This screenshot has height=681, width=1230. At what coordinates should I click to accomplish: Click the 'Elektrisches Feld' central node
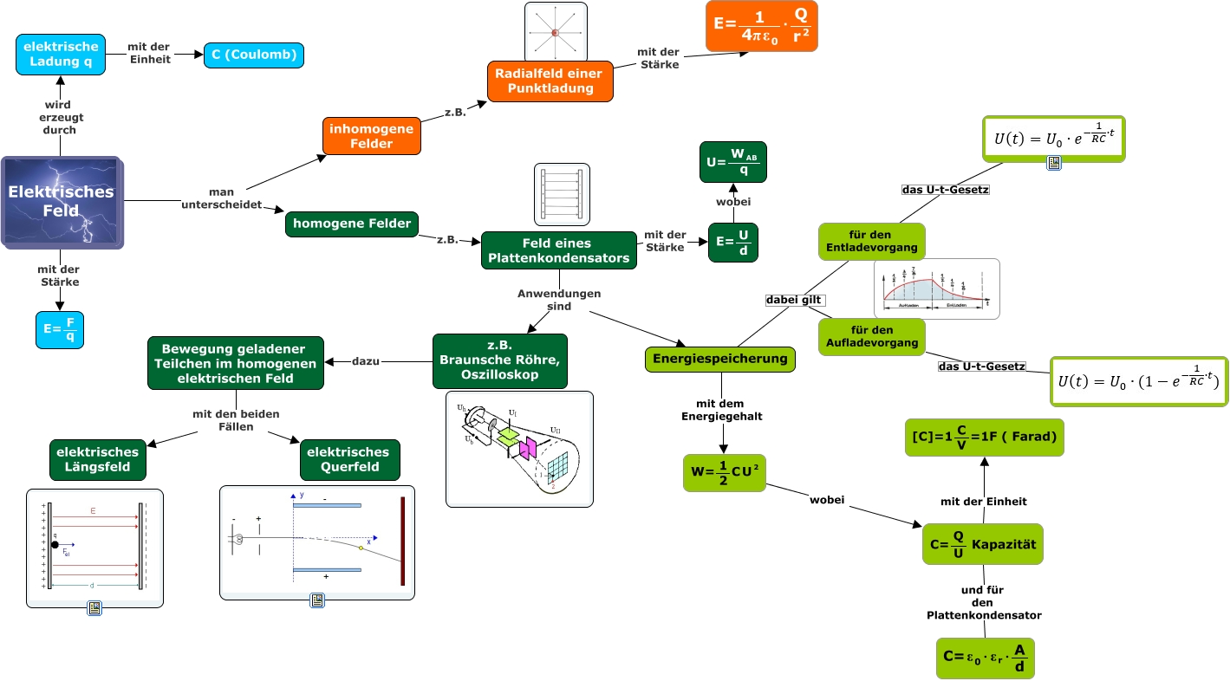tap(62, 201)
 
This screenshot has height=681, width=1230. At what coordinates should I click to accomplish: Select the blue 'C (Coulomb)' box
tap(254, 55)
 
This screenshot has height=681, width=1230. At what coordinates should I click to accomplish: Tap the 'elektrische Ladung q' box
tap(61, 55)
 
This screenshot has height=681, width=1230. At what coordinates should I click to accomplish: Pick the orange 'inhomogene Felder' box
tap(372, 136)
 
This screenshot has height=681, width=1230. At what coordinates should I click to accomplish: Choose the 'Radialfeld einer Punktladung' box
tap(550, 81)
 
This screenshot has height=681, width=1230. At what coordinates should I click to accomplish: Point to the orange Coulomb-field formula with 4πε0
tap(762, 26)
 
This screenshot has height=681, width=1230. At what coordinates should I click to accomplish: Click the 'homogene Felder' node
tap(352, 224)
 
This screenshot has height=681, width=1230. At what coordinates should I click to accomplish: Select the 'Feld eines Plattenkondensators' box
tap(558, 250)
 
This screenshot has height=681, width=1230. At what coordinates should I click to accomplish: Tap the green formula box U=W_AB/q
tap(732, 162)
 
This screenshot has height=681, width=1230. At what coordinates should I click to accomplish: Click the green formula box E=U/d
tap(732, 242)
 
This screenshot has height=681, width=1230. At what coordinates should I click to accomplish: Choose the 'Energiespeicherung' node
tap(719, 359)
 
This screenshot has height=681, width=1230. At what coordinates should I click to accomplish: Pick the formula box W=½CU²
tap(725, 472)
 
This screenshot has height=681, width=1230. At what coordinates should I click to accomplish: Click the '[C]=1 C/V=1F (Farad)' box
tap(983, 437)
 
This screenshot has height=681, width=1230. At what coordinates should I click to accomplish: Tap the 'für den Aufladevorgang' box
tap(872, 336)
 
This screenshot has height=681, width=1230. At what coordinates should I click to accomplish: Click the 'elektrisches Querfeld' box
tap(349, 460)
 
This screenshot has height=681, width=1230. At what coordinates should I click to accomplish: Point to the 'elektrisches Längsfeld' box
tap(97, 460)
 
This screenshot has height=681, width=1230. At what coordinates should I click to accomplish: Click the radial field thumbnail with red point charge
tap(556, 32)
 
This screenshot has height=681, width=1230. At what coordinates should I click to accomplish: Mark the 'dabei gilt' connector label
tap(793, 300)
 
